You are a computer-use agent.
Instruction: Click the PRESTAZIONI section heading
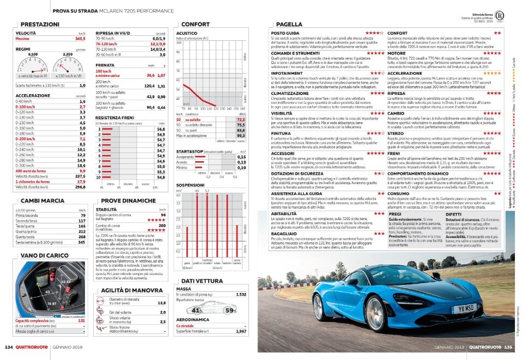(x=40, y=25)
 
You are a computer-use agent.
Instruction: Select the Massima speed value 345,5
(x=80, y=39)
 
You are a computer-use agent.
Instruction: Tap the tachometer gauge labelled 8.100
(x=33, y=65)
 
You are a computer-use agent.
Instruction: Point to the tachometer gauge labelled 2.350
(x=68, y=65)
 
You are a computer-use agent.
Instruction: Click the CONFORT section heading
(x=195, y=25)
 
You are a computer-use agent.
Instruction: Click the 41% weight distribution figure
(x=197, y=310)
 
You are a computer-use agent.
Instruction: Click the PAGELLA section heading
(x=289, y=25)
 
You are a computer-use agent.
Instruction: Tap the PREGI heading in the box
(x=396, y=215)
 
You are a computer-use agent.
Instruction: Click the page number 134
(x=9, y=346)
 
